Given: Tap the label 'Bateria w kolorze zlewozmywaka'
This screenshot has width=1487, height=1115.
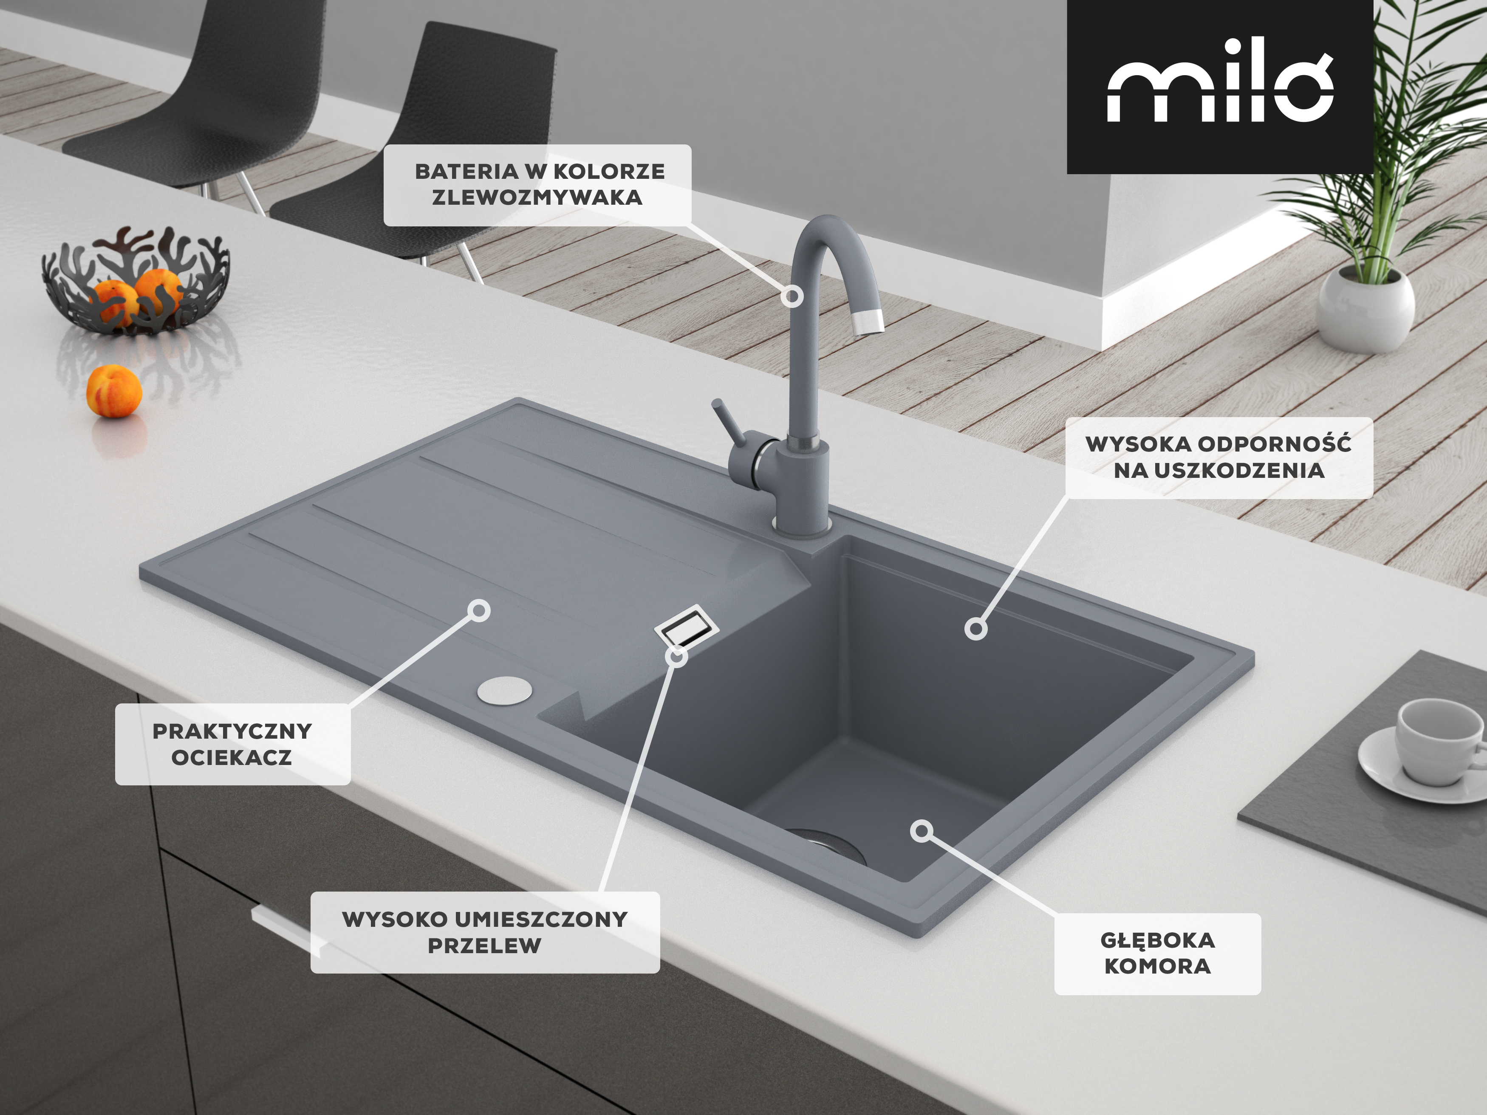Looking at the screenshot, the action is tap(538, 185).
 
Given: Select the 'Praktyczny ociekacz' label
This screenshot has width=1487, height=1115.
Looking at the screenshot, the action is tap(232, 744).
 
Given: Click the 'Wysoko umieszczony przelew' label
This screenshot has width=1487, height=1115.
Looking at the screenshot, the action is tap(485, 932).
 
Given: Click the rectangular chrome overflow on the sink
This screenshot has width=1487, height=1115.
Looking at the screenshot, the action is tap(687, 627).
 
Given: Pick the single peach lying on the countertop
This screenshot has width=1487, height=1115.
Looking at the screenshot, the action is tap(114, 391).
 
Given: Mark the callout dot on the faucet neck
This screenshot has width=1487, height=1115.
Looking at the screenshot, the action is tap(793, 296).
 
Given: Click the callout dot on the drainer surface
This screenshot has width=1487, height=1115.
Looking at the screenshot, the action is tap(479, 610).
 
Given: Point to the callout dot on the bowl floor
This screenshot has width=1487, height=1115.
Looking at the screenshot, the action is tap(922, 831).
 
